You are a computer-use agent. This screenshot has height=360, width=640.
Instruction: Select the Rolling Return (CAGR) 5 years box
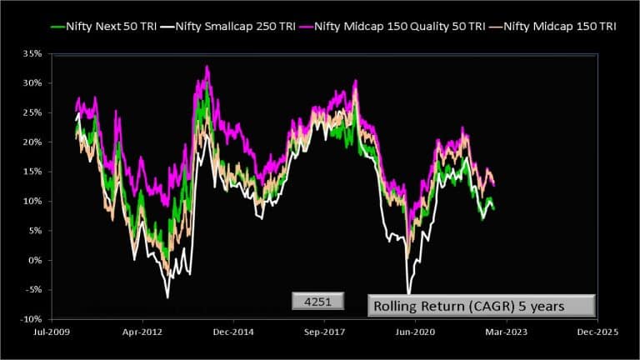(482, 306)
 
